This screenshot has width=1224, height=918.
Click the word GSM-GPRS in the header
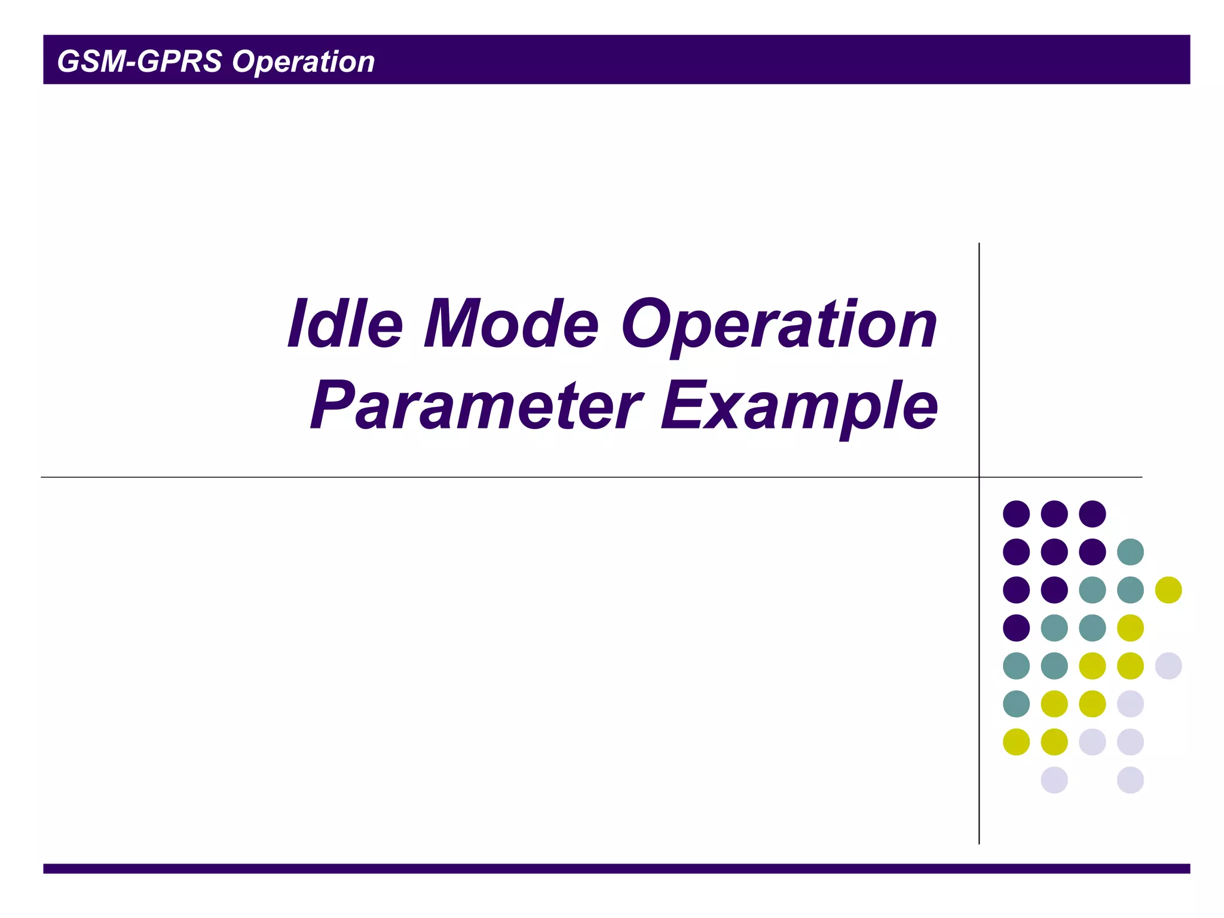coord(139,62)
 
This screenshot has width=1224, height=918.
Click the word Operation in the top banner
coord(303,62)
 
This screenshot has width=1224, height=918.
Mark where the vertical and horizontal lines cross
coord(979,477)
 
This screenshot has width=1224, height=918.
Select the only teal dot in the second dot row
coord(1130,552)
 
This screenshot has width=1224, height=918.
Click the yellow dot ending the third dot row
coord(1168,590)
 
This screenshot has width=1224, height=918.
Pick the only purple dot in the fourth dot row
coord(1016,628)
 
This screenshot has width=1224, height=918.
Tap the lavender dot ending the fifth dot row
coord(1168,666)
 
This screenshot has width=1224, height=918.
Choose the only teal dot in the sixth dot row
coord(1016,703)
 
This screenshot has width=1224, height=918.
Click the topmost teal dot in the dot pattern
coord(1130,552)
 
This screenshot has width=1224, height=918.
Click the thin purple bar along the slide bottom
coord(616,868)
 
